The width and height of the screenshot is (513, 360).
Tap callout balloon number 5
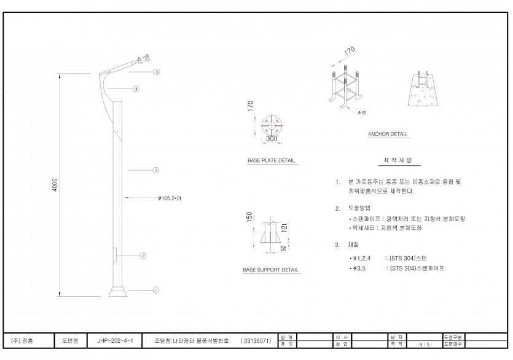point(157,72)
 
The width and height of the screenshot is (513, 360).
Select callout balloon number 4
point(136,88)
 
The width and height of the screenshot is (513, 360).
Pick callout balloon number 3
point(156,170)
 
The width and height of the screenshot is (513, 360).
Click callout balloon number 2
point(143,255)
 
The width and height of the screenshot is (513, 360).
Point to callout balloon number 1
point(156,290)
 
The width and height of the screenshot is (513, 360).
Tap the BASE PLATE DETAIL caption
point(271,161)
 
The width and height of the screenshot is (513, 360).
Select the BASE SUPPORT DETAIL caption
point(270,270)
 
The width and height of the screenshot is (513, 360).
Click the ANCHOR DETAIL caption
point(387,133)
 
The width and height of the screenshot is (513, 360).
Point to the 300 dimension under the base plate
point(272,139)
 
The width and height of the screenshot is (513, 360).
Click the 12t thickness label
point(284,228)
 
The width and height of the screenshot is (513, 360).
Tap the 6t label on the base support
point(284,249)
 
